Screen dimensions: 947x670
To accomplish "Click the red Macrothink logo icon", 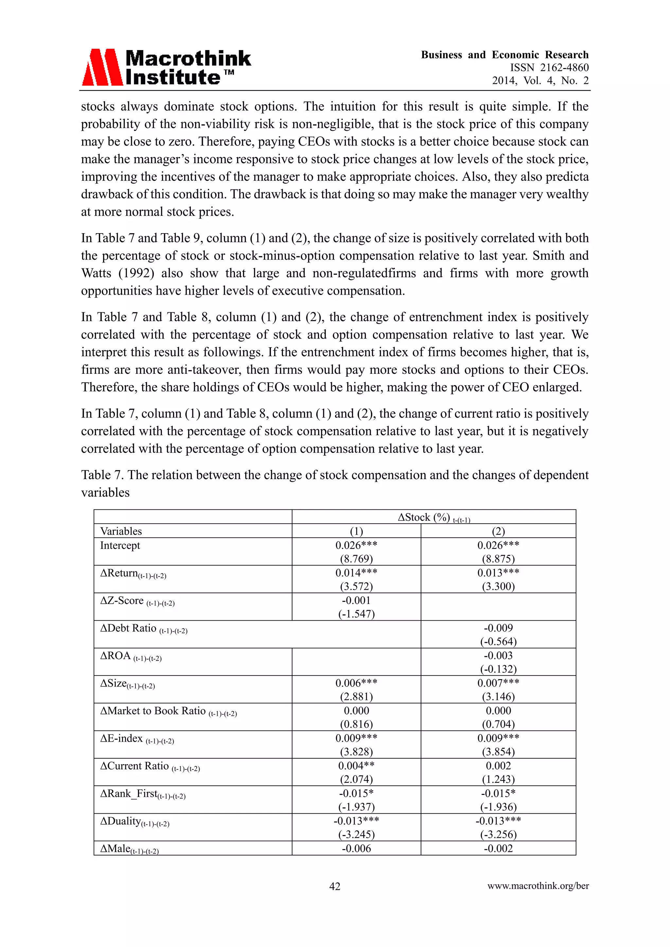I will pos(102,67).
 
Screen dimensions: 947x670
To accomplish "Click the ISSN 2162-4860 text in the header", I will pos(549,68).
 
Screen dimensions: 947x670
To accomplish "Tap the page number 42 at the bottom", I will pos(335,886).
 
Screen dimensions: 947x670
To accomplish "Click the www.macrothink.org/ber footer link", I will pos(538,886).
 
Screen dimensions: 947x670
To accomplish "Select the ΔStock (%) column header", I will pos(433,518).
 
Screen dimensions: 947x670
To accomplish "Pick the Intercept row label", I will pos(120,545).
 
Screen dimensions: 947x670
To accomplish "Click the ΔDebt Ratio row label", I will pos(144,628).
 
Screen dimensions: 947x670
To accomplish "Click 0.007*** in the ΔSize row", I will pos(498,683).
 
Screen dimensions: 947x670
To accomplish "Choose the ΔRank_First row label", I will pos(143,794).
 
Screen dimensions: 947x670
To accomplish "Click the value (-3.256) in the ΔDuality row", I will pos(498,835).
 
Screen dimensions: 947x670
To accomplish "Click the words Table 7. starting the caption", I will pos(102,475).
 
